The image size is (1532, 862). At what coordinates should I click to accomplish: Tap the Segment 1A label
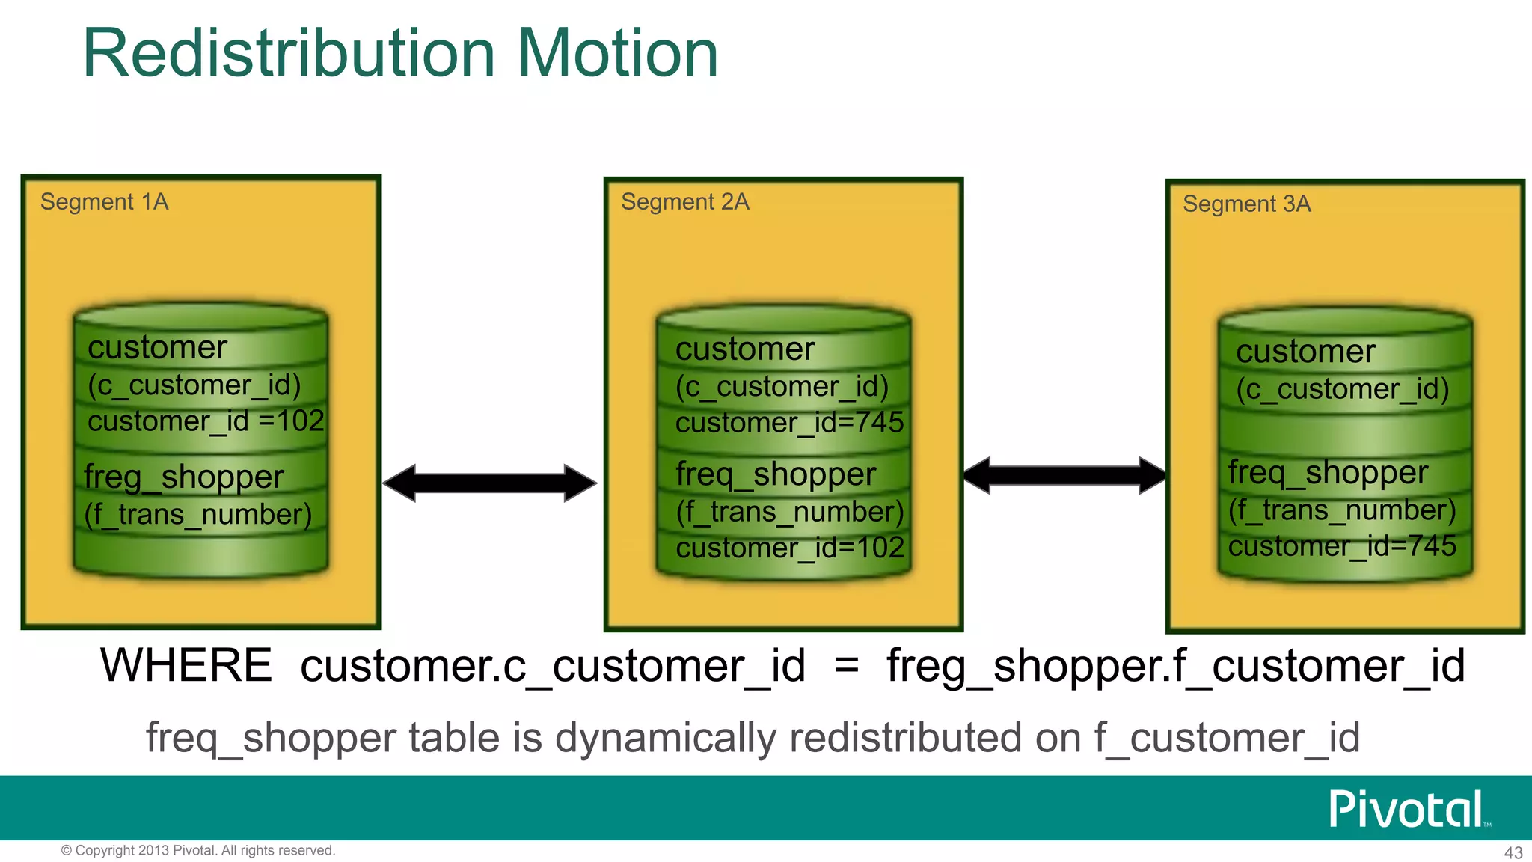104,201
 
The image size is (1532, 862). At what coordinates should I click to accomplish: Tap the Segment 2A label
684,201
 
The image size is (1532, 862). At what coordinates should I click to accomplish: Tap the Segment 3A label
1246,204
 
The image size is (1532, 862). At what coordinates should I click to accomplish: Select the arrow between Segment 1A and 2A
489,483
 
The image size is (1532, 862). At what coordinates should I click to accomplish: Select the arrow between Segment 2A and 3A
1064,475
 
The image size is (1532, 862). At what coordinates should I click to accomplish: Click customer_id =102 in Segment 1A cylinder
206,421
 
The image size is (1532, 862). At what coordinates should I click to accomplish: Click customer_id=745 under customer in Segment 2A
789,423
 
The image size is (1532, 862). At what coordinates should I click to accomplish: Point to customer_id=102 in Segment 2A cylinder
790,548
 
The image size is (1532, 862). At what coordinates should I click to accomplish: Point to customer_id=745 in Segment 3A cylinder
1342,545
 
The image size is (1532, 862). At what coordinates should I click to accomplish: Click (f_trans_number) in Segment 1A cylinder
197,515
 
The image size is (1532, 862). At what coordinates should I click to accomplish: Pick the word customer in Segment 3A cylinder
1305,352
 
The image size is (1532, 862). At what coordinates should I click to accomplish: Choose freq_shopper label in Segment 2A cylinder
775,474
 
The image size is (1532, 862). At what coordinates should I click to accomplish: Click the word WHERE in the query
186,665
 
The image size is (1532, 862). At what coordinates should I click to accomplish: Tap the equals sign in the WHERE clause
846,665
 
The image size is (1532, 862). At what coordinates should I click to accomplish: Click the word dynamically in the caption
670,738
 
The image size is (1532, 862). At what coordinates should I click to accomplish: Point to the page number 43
1513,852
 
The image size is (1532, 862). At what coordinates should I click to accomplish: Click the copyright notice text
198,850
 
